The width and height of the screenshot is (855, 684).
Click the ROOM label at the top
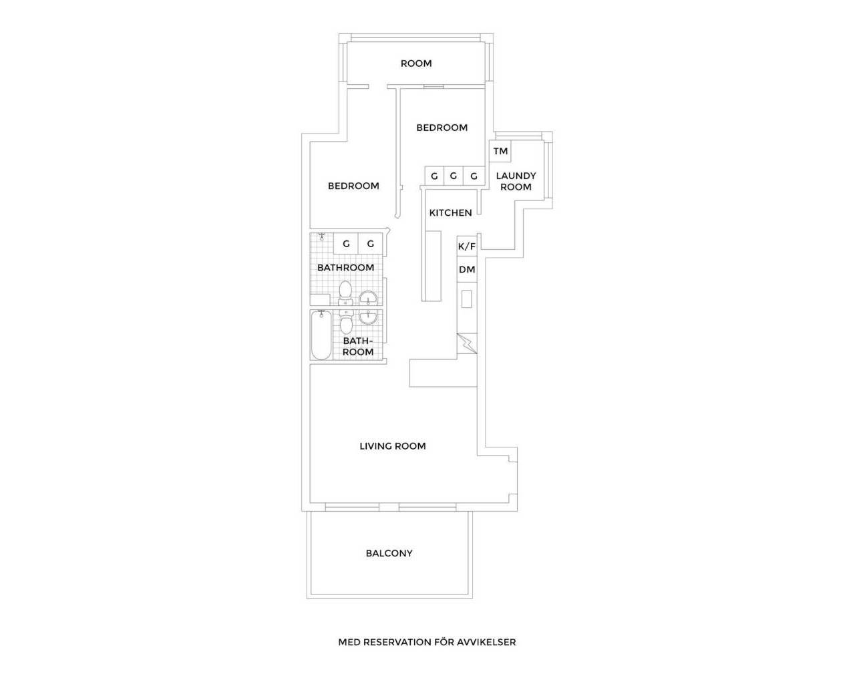pos(416,63)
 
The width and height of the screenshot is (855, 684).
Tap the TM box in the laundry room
pos(500,151)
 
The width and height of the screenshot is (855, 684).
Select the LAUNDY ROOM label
pos(516,181)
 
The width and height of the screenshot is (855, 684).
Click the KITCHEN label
pos(450,213)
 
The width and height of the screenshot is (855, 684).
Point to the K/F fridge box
pos(467,246)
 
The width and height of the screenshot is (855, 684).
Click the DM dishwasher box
pos(467,270)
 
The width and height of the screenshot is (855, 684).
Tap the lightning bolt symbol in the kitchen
pos(467,343)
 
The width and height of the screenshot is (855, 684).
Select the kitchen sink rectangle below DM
pos(466,299)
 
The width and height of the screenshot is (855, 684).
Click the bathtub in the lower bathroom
pos(321,335)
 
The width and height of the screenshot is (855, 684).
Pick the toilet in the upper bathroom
pos(345,293)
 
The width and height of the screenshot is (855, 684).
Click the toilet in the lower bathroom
pos(346,323)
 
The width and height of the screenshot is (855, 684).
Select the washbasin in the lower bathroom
pos(368,317)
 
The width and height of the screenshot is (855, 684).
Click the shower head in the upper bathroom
pos(322,237)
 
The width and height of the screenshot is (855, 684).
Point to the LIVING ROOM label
pos(393,446)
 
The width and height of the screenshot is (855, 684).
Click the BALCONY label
pos(389,553)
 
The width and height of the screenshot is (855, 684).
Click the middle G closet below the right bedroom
pos(454,176)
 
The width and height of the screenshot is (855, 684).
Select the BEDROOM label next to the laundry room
pos(442,128)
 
